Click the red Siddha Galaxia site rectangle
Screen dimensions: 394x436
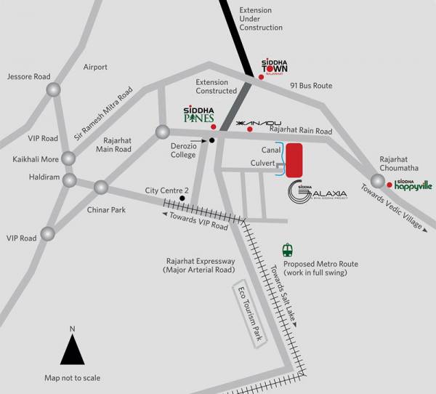(x=294, y=161)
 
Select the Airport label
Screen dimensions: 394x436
(x=94, y=67)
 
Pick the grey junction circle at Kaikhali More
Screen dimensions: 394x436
(x=68, y=158)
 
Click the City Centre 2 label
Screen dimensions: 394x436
(x=167, y=190)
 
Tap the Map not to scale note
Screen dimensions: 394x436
(x=72, y=377)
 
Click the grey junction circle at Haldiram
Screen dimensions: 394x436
(x=70, y=180)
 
